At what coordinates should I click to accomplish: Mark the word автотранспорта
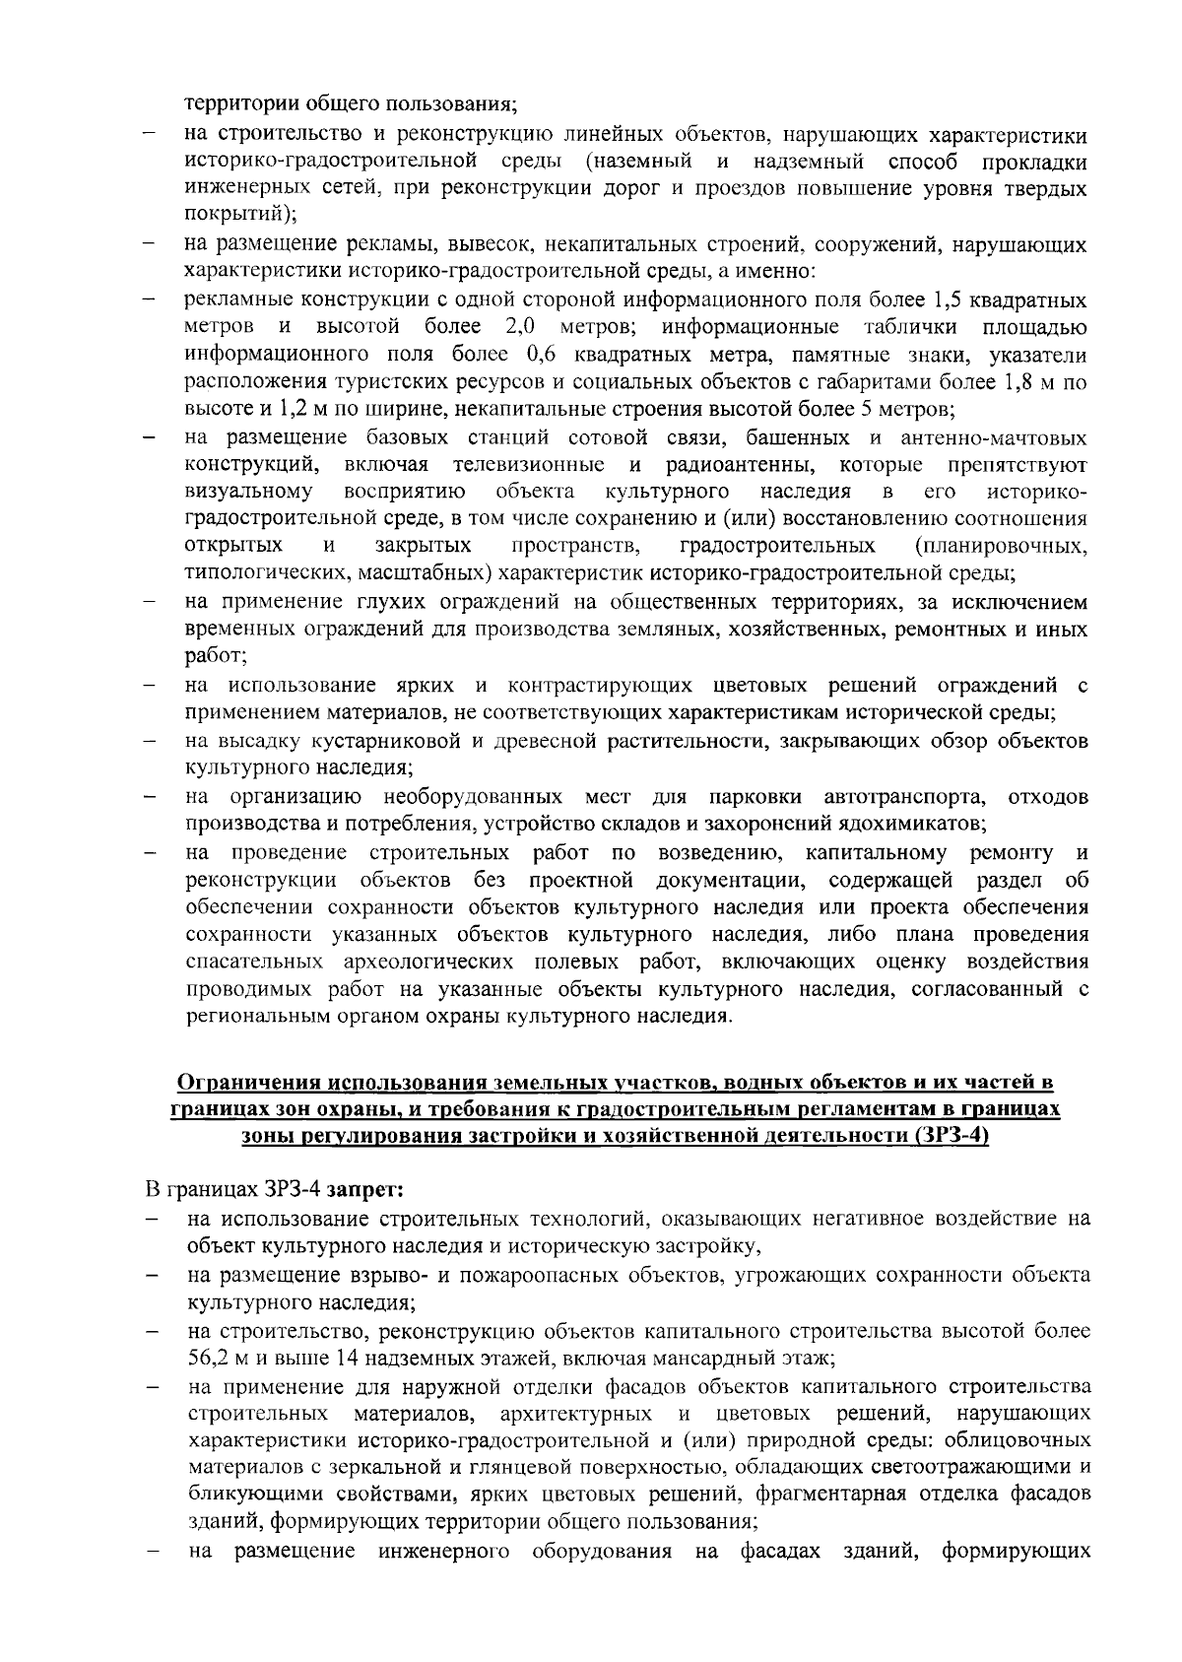point(903,795)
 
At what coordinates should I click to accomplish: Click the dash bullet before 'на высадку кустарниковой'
point(149,741)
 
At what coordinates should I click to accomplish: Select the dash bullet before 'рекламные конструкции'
point(149,300)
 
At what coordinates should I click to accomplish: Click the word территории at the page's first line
point(229,101)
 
